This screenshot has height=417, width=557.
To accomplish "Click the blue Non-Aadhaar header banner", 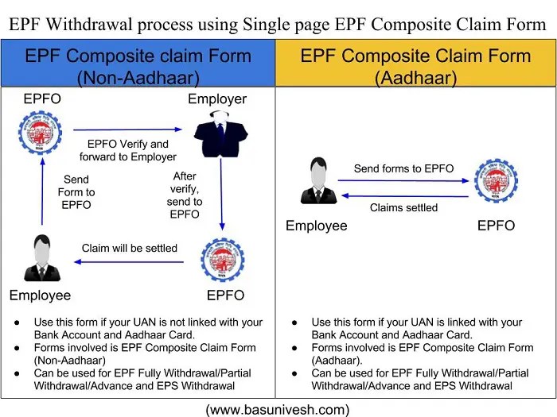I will point(138,66).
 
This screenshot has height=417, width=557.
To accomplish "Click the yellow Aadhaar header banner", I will point(415,66).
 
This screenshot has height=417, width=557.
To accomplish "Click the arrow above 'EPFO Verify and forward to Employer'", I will point(127,129).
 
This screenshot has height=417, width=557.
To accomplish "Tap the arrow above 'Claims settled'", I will point(403,196).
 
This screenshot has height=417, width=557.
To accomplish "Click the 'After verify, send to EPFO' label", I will point(185,195).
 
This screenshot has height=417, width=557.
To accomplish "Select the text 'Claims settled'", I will point(403,208).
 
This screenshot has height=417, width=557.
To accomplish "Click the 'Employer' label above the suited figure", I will point(217,99).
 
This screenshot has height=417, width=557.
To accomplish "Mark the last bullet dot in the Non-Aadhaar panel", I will point(18,373).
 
